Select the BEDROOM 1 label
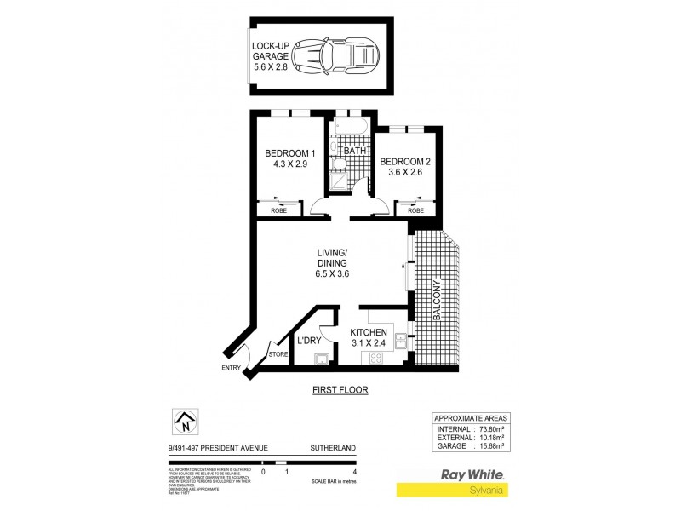point(289,153)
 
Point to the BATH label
point(355,151)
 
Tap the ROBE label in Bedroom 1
point(278,210)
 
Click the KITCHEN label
point(369,332)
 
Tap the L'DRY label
point(308,340)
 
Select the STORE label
point(278,354)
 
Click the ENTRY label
point(231,368)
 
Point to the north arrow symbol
point(184,420)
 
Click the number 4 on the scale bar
point(353,471)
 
